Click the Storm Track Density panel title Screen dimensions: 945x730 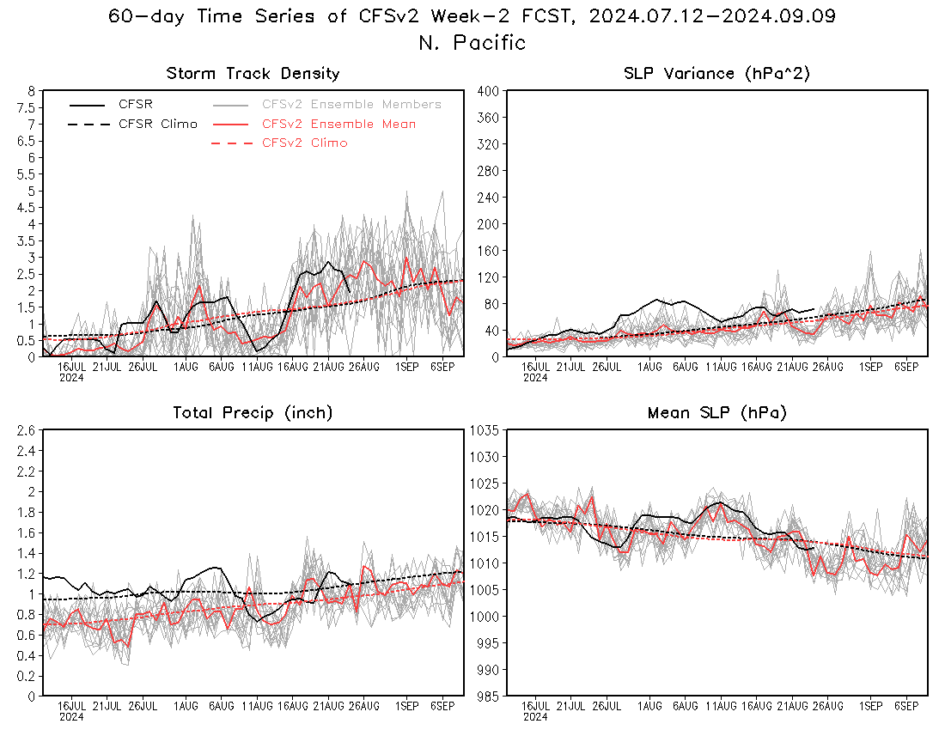click(253, 74)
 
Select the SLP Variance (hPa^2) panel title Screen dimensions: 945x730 click(716, 74)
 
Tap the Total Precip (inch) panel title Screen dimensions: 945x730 click(253, 412)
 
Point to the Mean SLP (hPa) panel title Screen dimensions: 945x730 click(717, 412)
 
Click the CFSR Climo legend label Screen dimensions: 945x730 click(158, 124)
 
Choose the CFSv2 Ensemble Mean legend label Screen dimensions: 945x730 click(338, 124)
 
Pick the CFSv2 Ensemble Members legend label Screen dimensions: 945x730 click(352, 104)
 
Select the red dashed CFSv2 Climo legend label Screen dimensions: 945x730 click(305, 143)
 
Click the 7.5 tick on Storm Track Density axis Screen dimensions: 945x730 click(27, 108)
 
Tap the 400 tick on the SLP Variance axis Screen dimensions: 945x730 click(489, 91)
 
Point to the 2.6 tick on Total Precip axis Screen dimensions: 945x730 click(27, 430)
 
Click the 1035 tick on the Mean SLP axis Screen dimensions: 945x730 click(485, 430)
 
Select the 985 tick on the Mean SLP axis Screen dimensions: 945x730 click(489, 697)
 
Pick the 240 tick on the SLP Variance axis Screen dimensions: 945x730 click(489, 198)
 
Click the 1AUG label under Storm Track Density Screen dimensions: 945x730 click(186, 367)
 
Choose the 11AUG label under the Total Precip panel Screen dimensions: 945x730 click(258, 706)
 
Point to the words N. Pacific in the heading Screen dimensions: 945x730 click(472, 43)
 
